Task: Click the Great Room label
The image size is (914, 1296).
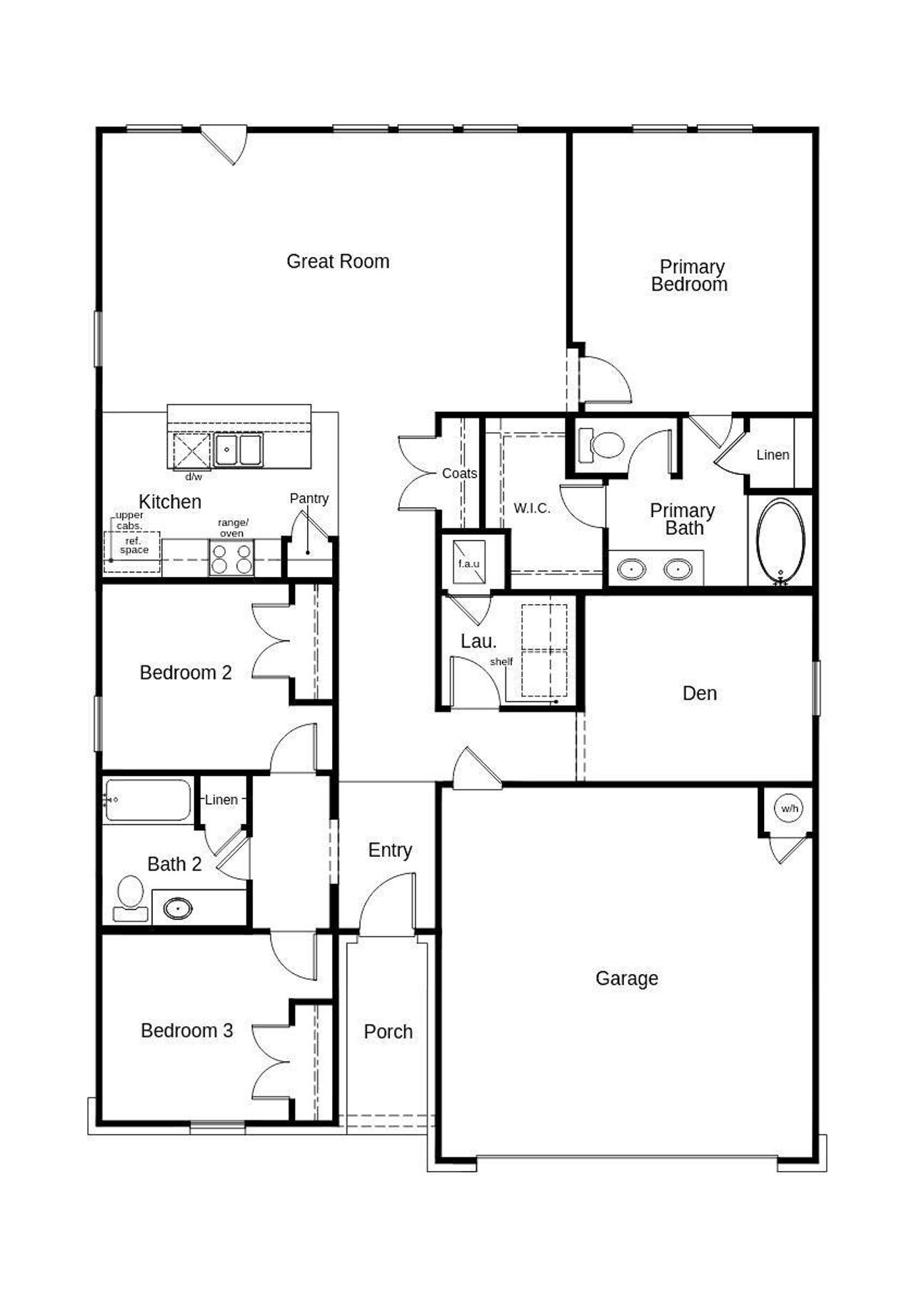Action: coord(338,261)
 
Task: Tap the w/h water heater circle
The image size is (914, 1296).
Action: coord(789,808)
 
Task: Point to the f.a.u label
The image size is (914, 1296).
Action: coord(468,563)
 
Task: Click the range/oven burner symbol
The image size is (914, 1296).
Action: coord(231,558)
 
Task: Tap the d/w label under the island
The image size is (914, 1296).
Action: coord(194,476)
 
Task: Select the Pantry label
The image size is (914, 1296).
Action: coord(309,498)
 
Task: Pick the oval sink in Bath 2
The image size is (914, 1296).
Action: coord(177,908)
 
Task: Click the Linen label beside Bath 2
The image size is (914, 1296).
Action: coord(221,800)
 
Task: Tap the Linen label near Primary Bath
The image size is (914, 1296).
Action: coord(773,455)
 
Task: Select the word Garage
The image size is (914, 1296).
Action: coord(626,978)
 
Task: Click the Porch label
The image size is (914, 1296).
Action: coord(388,1031)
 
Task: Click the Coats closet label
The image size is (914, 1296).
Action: coord(459,473)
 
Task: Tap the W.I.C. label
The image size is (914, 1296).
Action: coord(532,508)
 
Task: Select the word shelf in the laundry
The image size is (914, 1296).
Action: coord(501,661)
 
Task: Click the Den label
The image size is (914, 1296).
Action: coord(699,693)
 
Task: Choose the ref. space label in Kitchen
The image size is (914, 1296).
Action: coord(134,546)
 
